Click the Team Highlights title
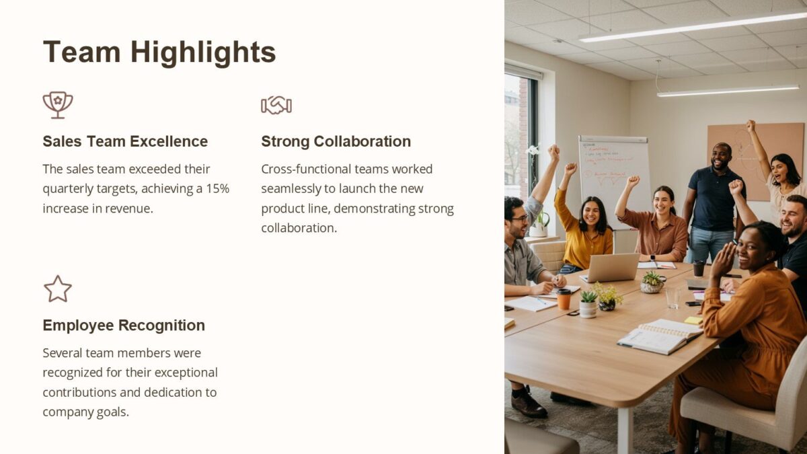pyautogui.click(x=159, y=52)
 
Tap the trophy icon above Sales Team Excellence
pyautogui.click(x=58, y=105)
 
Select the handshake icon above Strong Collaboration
pyautogui.click(x=276, y=105)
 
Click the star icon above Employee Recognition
pyautogui.click(x=58, y=289)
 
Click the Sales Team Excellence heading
pyautogui.click(x=125, y=141)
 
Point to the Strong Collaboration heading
pyautogui.click(x=336, y=141)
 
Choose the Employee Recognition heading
pyautogui.click(x=124, y=326)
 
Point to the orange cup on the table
pyautogui.click(x=564, y=299)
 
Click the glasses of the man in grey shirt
pyautogui.click(x=519, y=218)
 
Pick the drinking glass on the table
pyautogui.click(x=672, y=298)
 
